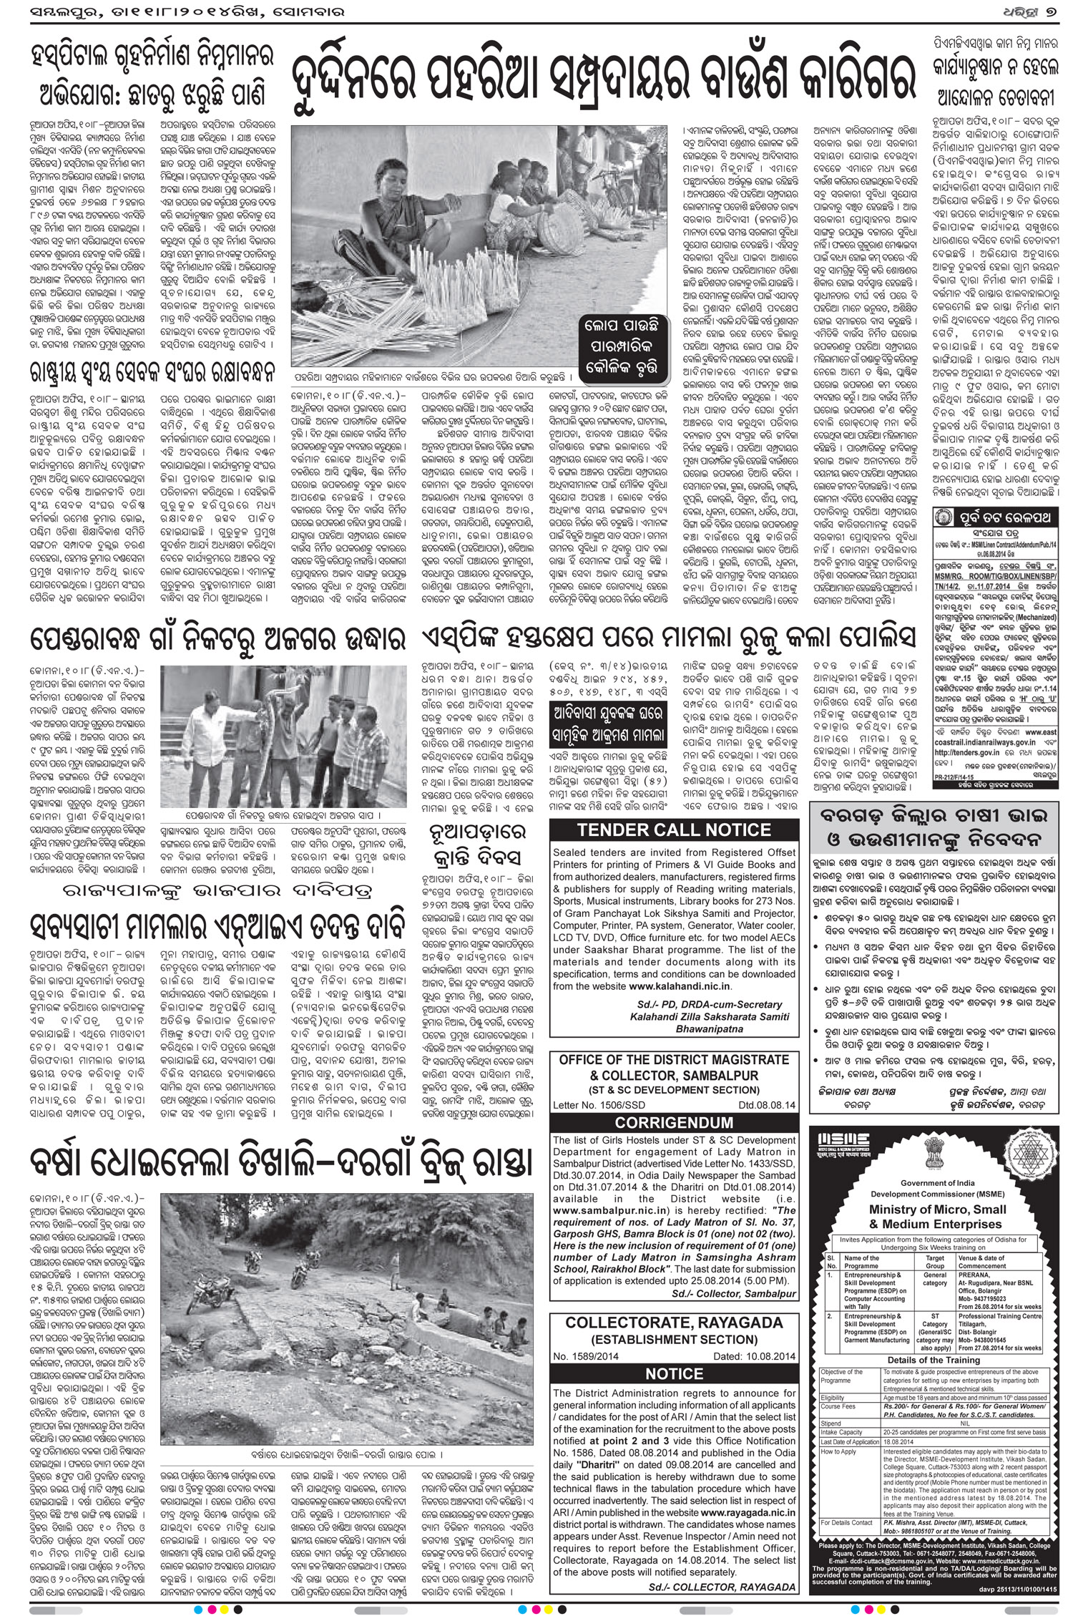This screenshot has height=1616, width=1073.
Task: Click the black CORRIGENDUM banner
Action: pyautogui.click(x=675, y=1122)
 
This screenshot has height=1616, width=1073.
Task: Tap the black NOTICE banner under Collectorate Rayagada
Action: pyautogui.click(x=675, y=1373)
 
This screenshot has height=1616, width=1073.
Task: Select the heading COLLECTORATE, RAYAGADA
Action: pyautogui.click(x=675, y=1323)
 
